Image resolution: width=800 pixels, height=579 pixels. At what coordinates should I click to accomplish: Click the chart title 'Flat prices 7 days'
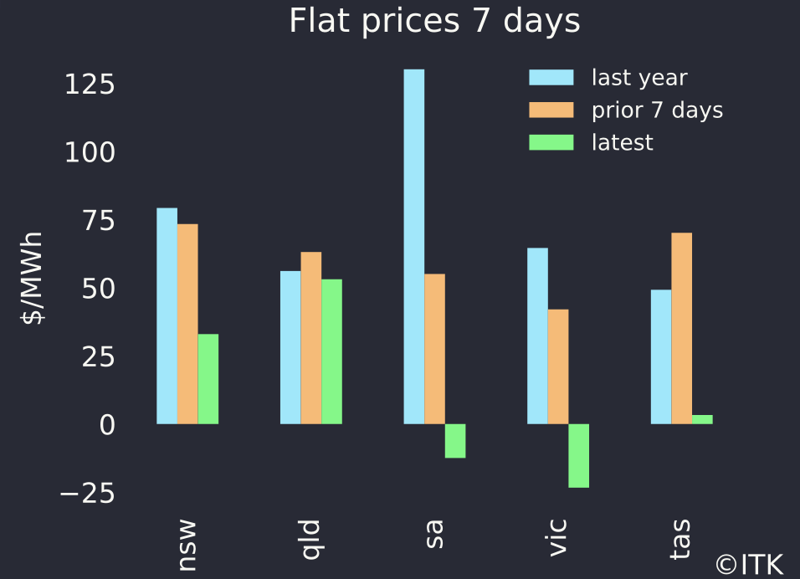click(x=433, y=22)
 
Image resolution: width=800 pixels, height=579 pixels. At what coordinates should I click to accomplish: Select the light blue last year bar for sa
click(x=413, y=247)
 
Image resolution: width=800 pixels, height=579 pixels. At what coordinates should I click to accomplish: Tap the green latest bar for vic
click(x=578, y=455)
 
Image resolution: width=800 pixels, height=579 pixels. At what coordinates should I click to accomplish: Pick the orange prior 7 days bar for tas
click(x=681, y=328)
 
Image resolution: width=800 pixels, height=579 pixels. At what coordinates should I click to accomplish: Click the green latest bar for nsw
click(x=208, y=379)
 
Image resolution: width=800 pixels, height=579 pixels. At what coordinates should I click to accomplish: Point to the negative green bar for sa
click(x=454, y=441)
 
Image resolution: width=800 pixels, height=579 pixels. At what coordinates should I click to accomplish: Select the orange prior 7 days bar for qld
click(x=310, y=338)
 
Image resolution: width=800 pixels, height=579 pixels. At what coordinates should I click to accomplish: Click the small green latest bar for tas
click(x=702, y=419)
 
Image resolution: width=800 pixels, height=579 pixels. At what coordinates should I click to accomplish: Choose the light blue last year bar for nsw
click(x=167, y=315)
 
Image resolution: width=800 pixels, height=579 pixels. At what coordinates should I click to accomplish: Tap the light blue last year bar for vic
click(x=537, y=336)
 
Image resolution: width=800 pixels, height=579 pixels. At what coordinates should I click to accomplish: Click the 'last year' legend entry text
click(x=639, y=78)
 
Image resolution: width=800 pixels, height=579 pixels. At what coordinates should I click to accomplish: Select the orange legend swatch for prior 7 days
click(x=551, y=110)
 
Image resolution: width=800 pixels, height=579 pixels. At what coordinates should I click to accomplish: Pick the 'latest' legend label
click(x=622, y=142)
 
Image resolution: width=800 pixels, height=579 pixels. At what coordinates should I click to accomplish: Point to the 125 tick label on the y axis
click(x=90, y=85)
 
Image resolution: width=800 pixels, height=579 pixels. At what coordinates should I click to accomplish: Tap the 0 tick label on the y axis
click(x=105, y=425)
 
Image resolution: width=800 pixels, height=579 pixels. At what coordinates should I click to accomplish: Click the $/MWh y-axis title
click(x=32, y=279)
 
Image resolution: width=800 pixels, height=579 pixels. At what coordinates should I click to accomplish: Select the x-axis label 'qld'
click(x=310, y=540)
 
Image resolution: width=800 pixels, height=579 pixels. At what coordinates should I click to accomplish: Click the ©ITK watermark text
click(x=750, y=564)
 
